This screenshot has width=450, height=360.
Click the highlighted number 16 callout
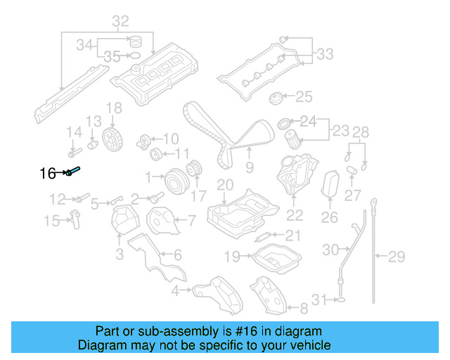[47, 173]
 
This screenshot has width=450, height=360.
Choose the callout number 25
[303, 96]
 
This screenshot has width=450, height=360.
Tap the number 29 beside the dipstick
[397, 255]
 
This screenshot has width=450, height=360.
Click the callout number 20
[224, 185]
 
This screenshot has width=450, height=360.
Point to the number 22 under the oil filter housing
[295, 215]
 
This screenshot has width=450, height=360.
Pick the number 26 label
[329, 218]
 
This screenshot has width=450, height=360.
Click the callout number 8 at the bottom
[303, 307]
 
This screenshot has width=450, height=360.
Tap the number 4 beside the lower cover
[174, 290]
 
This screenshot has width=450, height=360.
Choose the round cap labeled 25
[276, 98]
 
